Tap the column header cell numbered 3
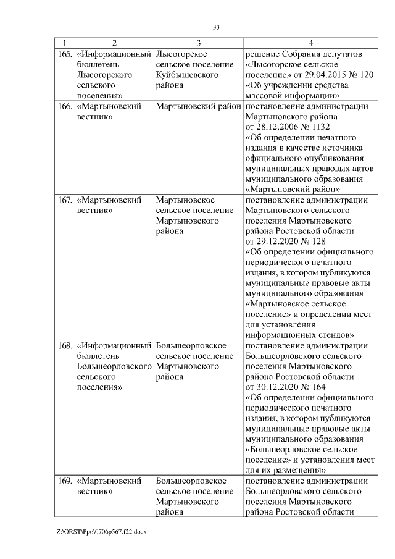coord(198,43)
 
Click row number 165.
coord(64,54)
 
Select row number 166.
coord(64,106)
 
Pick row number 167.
coord(64,200)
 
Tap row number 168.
coord(64,345)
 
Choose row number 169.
coord(64,481)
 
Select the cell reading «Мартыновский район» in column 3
coord(198,106)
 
